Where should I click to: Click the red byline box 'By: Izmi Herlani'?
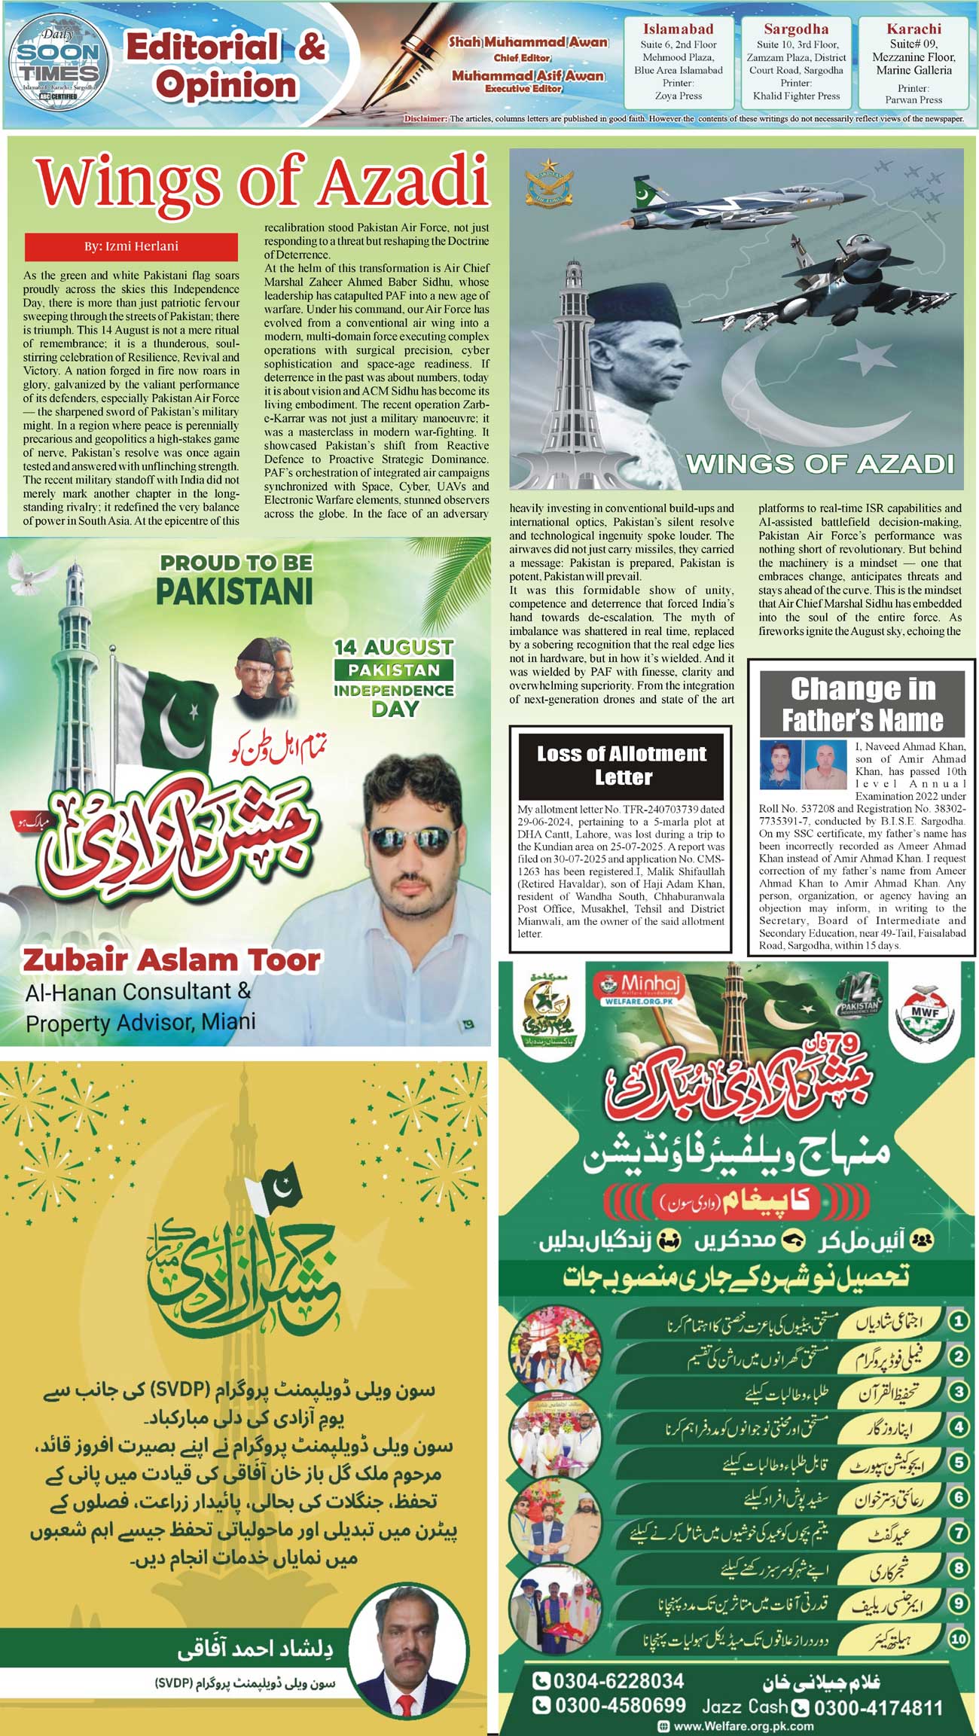point(131,247)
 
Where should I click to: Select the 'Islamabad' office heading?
point(678,29)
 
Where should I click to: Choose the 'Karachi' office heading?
point(913,29)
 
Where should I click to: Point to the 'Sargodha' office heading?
point(796,29)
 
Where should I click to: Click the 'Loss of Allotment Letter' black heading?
point(621,765)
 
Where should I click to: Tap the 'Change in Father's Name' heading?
point(862,704)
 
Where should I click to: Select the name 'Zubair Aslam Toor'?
point(172,960)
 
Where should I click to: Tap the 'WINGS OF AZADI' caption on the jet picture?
point(819,463)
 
